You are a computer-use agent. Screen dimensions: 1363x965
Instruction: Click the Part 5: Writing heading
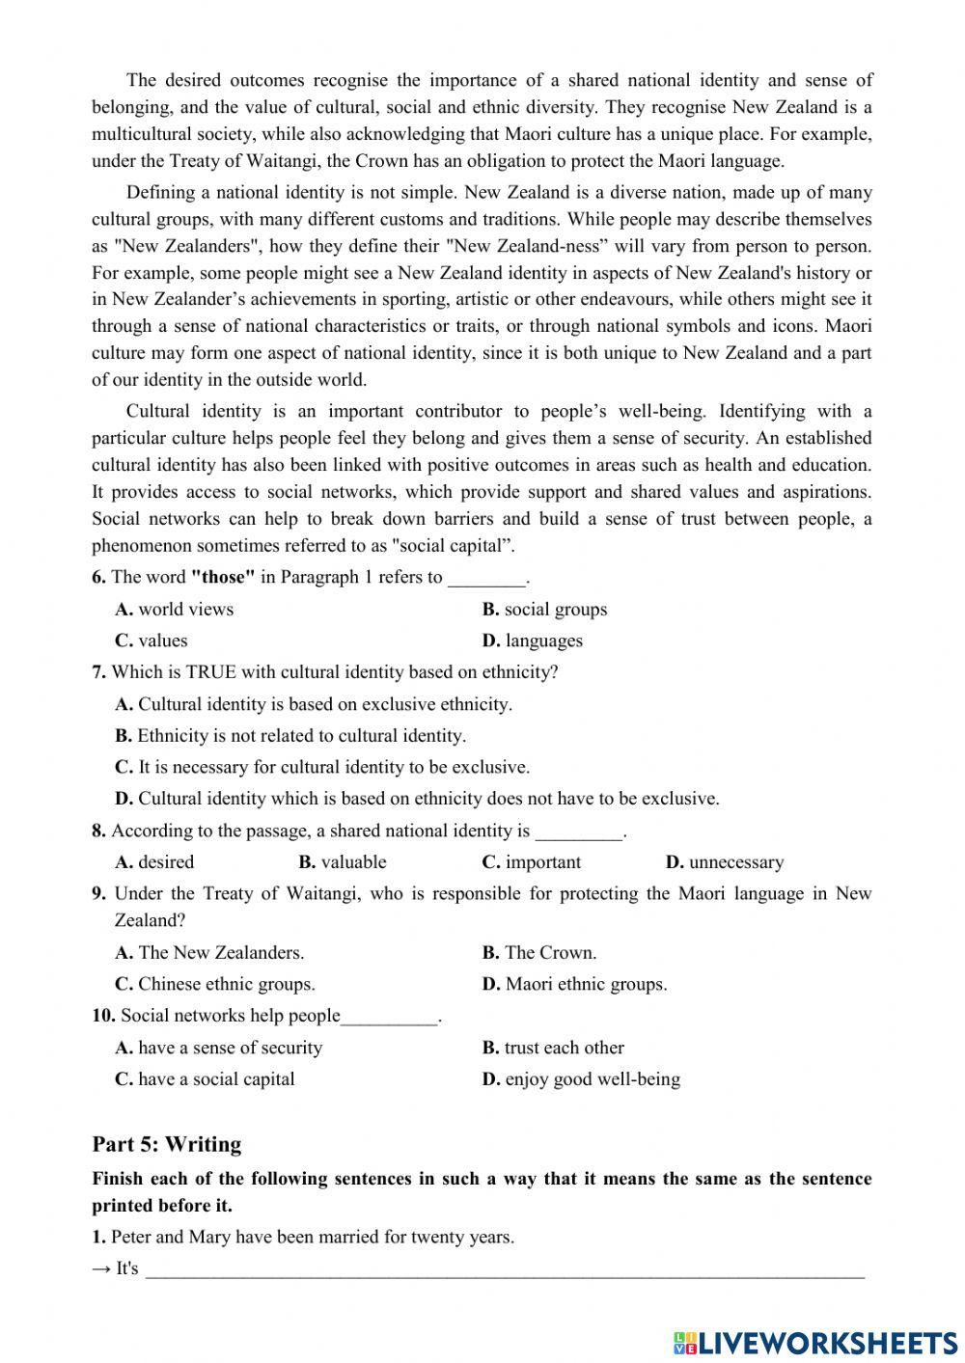166,1144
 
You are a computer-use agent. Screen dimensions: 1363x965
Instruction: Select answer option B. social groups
544,609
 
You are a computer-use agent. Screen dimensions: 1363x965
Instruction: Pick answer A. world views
174,609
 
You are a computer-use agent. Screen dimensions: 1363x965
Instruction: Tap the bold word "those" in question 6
224,577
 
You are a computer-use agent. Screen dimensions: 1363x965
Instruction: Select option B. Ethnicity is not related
289,735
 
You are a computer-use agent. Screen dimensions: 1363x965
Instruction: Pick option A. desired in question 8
154,862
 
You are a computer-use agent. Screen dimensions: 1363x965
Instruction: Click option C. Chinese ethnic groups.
214,984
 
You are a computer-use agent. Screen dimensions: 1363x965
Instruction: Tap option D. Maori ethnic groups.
574,984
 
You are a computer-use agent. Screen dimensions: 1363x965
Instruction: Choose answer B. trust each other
553,1048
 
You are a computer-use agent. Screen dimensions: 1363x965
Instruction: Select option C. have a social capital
205,1079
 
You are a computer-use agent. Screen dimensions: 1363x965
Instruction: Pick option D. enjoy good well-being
581,1079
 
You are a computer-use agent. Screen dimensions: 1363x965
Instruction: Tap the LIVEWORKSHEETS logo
814,1342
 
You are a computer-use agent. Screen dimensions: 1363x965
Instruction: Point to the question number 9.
99,893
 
